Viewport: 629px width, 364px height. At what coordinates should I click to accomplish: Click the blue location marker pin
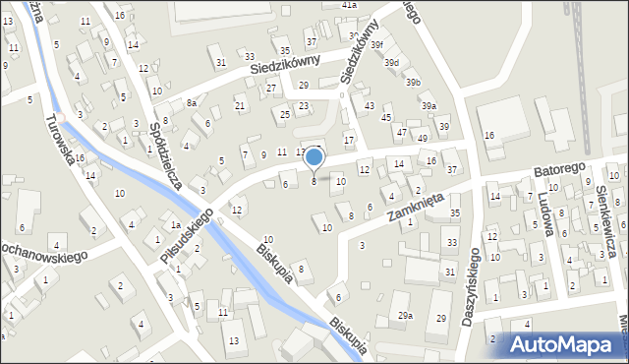314,157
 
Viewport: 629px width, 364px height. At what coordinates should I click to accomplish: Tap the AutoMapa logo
564,344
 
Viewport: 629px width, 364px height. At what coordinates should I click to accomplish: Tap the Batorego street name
559,169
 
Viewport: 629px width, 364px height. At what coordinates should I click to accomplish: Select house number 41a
349,5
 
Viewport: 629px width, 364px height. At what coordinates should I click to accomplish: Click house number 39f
377,45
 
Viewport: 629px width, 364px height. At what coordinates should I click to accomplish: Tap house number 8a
193,102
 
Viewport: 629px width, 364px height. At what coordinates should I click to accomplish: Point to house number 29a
405,316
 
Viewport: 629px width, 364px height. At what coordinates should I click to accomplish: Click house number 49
422,138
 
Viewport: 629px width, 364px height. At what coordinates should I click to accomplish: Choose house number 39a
429,105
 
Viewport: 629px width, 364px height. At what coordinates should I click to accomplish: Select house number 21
240,105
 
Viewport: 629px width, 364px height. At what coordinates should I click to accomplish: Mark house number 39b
413,82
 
